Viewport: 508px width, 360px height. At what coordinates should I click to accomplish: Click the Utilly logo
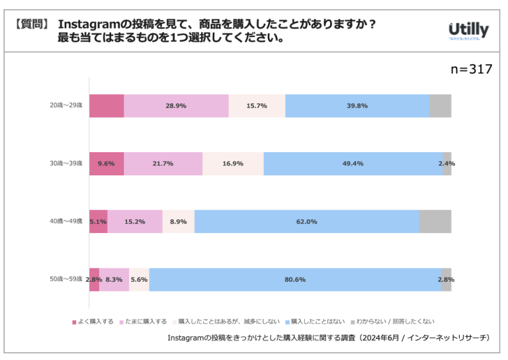click(x=468, y=30)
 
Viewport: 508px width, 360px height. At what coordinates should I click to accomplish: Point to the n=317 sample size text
click(x=471, y=69)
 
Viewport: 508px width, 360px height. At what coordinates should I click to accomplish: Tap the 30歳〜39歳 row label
click(x=66, y=163)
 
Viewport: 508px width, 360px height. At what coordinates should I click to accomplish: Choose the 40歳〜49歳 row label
click(x=66, y=221)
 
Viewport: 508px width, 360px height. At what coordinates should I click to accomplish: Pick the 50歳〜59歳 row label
click(x=66, y=279)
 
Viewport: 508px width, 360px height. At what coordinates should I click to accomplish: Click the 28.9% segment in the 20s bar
click(x=176, y=106)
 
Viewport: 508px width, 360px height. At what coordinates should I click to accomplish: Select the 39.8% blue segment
click(x=357, y=106)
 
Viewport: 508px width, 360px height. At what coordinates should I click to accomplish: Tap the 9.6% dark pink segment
click(x=106, y=163)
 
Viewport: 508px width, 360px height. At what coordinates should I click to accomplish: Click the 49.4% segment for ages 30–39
click(x=353, y=163)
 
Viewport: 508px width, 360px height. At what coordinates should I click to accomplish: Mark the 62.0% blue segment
click(x=306, y=222)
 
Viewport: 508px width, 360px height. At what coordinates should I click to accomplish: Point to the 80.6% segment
click(x=295, y=279)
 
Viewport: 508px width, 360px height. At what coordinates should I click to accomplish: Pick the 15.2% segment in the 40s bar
click(x=135, y=222)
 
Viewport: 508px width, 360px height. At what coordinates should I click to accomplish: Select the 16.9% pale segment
click(x=233, y=163)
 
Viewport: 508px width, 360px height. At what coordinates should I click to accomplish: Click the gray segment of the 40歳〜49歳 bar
click(x=435, y=222)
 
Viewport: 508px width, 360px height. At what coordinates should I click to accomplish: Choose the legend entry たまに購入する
click(x=144, y=322)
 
